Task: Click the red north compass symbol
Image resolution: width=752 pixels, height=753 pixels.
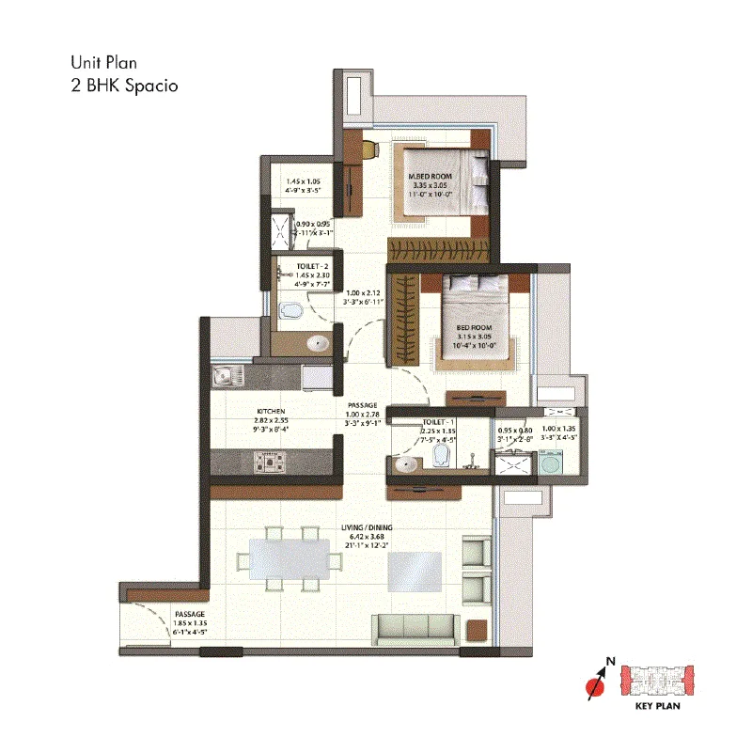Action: coord(594,685)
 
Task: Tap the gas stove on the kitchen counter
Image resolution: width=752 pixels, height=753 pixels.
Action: coord(270,461)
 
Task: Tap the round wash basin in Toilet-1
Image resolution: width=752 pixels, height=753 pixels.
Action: coord(406,463)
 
